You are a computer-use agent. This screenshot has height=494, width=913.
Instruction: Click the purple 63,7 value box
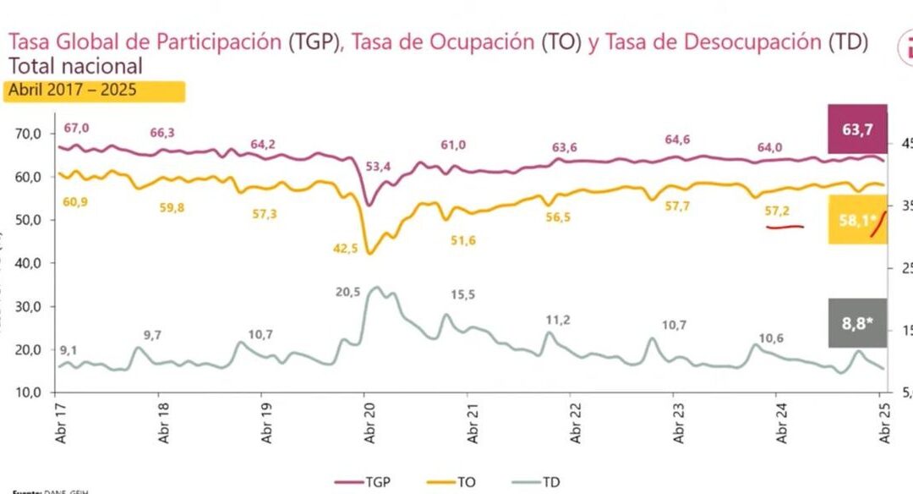click(857, 131)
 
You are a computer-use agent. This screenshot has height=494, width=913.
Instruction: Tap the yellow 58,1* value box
click(857, 219)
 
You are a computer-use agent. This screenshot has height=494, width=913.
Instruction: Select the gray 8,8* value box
click(857, 322)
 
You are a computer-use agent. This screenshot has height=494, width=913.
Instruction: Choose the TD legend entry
click(541, 481)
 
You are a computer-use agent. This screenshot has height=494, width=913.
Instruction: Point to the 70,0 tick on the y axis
click(30, 134)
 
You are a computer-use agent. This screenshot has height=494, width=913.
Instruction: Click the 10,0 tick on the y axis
click(30, 392)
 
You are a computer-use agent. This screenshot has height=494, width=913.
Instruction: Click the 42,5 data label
click(347, 248)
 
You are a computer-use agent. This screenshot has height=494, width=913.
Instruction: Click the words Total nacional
click(75, 66)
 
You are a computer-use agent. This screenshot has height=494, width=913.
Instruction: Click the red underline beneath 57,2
click(785, 227)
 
